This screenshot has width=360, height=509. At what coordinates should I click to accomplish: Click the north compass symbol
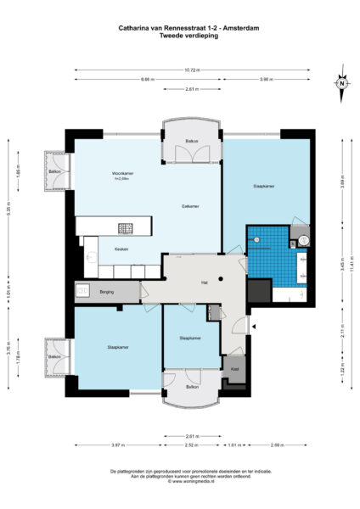coord(340,83)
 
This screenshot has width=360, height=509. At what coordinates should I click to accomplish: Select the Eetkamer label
coord(191,206)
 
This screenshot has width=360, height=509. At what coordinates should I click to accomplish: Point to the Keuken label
coord(109,250)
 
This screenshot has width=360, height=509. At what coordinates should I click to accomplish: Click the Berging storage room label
coord(107,291)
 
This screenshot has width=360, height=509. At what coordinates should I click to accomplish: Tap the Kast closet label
coord(235,368)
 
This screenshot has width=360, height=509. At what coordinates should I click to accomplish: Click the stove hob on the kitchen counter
coord(126,227)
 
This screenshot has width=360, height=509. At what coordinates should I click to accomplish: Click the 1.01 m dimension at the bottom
coord(233,444)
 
